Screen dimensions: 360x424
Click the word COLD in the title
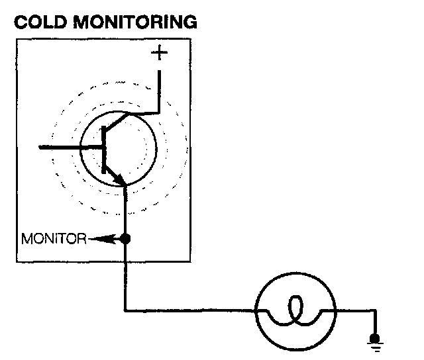(x=39, y=22)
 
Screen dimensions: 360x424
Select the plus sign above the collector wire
(x=159, y=54)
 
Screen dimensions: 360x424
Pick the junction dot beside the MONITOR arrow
(x=125, y=238)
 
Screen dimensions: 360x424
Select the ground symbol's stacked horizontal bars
(x=376, y=343)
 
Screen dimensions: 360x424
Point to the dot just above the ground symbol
(x=376, y=336)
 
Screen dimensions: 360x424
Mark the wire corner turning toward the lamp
(x=125, y=310)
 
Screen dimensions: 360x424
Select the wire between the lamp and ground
(x=354, y=310)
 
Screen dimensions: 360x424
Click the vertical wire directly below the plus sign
(x=159, y=86)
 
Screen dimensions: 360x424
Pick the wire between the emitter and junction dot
(x=125, y=212)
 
